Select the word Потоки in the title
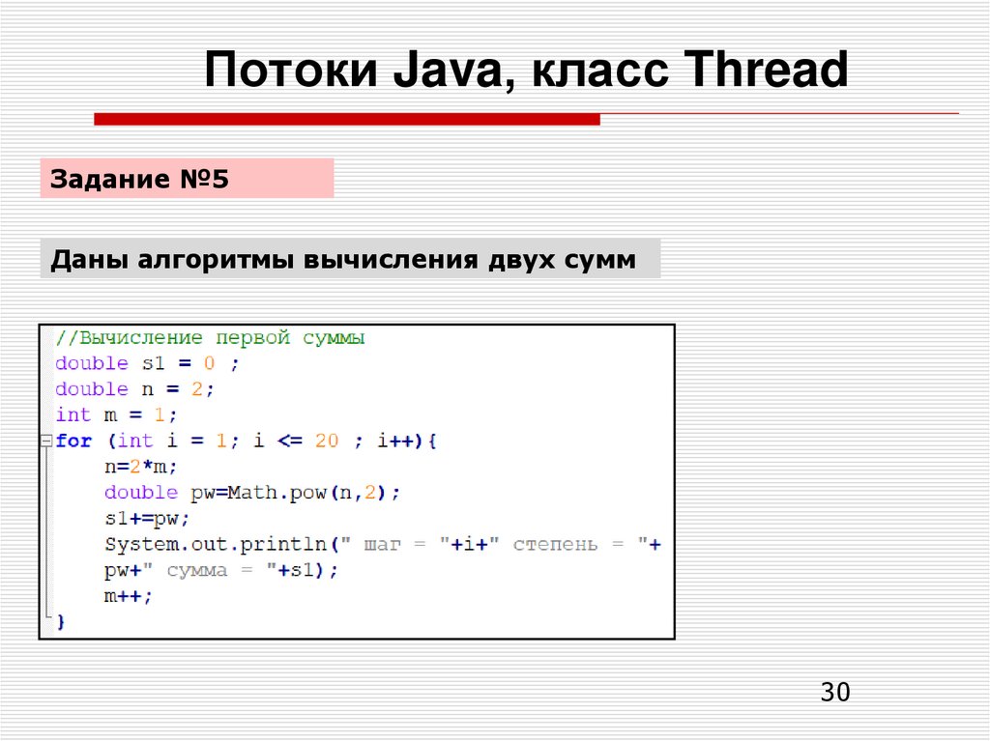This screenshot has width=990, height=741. pos(290,71)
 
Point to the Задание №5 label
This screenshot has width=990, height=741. pos(140,179)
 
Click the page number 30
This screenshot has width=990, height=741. pos(834,692)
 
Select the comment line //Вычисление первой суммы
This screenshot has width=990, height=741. pos(210,338)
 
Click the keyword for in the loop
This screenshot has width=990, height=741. pos(73,441)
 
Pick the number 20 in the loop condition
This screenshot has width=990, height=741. pos(327,441)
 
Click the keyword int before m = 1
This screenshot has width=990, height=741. pos(73,414)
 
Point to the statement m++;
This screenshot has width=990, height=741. pos(129,596)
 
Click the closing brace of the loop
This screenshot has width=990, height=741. pos(60,622)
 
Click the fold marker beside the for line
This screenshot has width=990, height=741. pos(44,441)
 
